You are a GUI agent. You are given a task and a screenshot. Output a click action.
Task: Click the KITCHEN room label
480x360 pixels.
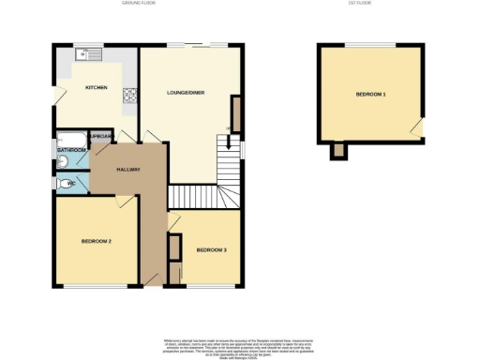(x=96, y=87)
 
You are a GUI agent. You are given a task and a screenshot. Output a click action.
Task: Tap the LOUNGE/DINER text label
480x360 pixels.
(x=186, y=93)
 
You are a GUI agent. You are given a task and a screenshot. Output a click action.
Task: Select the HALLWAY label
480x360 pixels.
(x=127, y=170)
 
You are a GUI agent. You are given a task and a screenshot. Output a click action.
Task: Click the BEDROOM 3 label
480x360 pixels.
(x=211, y=250)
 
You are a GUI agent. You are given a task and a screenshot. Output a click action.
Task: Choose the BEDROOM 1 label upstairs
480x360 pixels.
(x=370, y=96)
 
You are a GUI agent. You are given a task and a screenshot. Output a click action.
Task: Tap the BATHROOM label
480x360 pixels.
(x=71, y=150)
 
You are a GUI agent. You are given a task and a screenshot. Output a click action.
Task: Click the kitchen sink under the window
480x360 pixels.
(x=91, y=55)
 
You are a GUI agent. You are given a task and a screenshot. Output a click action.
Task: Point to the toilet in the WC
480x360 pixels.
(x=61, y=184)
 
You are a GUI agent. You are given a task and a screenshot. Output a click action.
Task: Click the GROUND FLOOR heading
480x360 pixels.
(x=139, y=4)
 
